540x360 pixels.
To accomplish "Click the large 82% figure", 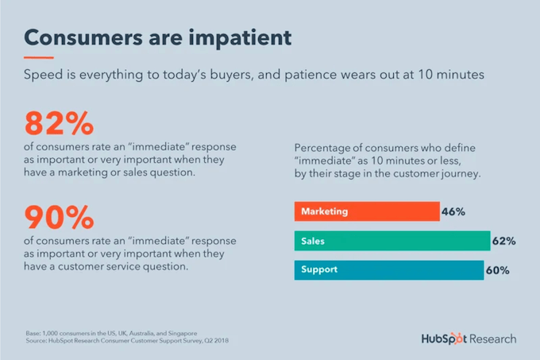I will (x=59, y=124).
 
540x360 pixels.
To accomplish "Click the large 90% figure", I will (x=60, y=216).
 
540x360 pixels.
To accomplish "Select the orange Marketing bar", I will (x=366, y=211).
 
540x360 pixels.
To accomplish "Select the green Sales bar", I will (x=391, y=241).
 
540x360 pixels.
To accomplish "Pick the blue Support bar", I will (x=388, y=270).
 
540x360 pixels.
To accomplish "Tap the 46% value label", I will (x=454, y=212).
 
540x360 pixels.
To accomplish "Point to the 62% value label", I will (x=504, y=241).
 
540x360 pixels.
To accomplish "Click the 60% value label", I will (x=497, y=270).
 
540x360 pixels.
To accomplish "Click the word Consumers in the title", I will (x=81, y=37).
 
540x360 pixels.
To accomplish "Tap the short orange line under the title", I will (x=40, y=58).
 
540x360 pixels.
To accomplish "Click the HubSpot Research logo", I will (x=469, y=339).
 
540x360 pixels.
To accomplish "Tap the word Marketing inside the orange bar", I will (x=324, y=212).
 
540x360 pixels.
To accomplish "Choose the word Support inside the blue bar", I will (x=319, y=270).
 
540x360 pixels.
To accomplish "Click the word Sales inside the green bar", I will (x=313, y=241).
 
